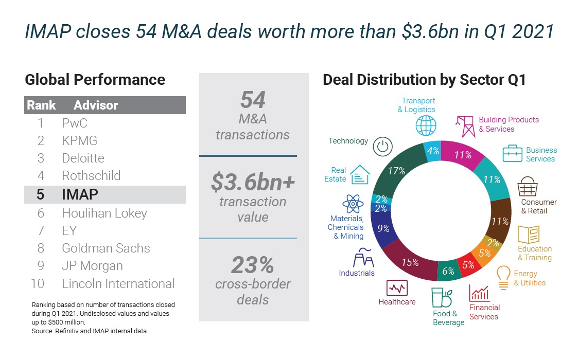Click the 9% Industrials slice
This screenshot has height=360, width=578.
(383, 228)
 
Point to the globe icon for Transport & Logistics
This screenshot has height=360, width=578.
(426, 125)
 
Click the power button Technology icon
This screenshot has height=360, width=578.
(381, 146)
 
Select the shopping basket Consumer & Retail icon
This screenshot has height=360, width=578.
(528, 187)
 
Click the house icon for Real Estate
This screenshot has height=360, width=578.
(360, 175)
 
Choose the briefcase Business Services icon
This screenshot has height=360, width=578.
(513, 154)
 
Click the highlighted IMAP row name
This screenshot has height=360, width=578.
(80, 194)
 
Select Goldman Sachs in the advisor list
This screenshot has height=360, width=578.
(106, 248)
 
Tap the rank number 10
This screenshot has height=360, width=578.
(38, 283)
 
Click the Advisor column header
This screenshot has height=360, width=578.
(96, 105)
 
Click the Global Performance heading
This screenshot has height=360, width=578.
(95, 80)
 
